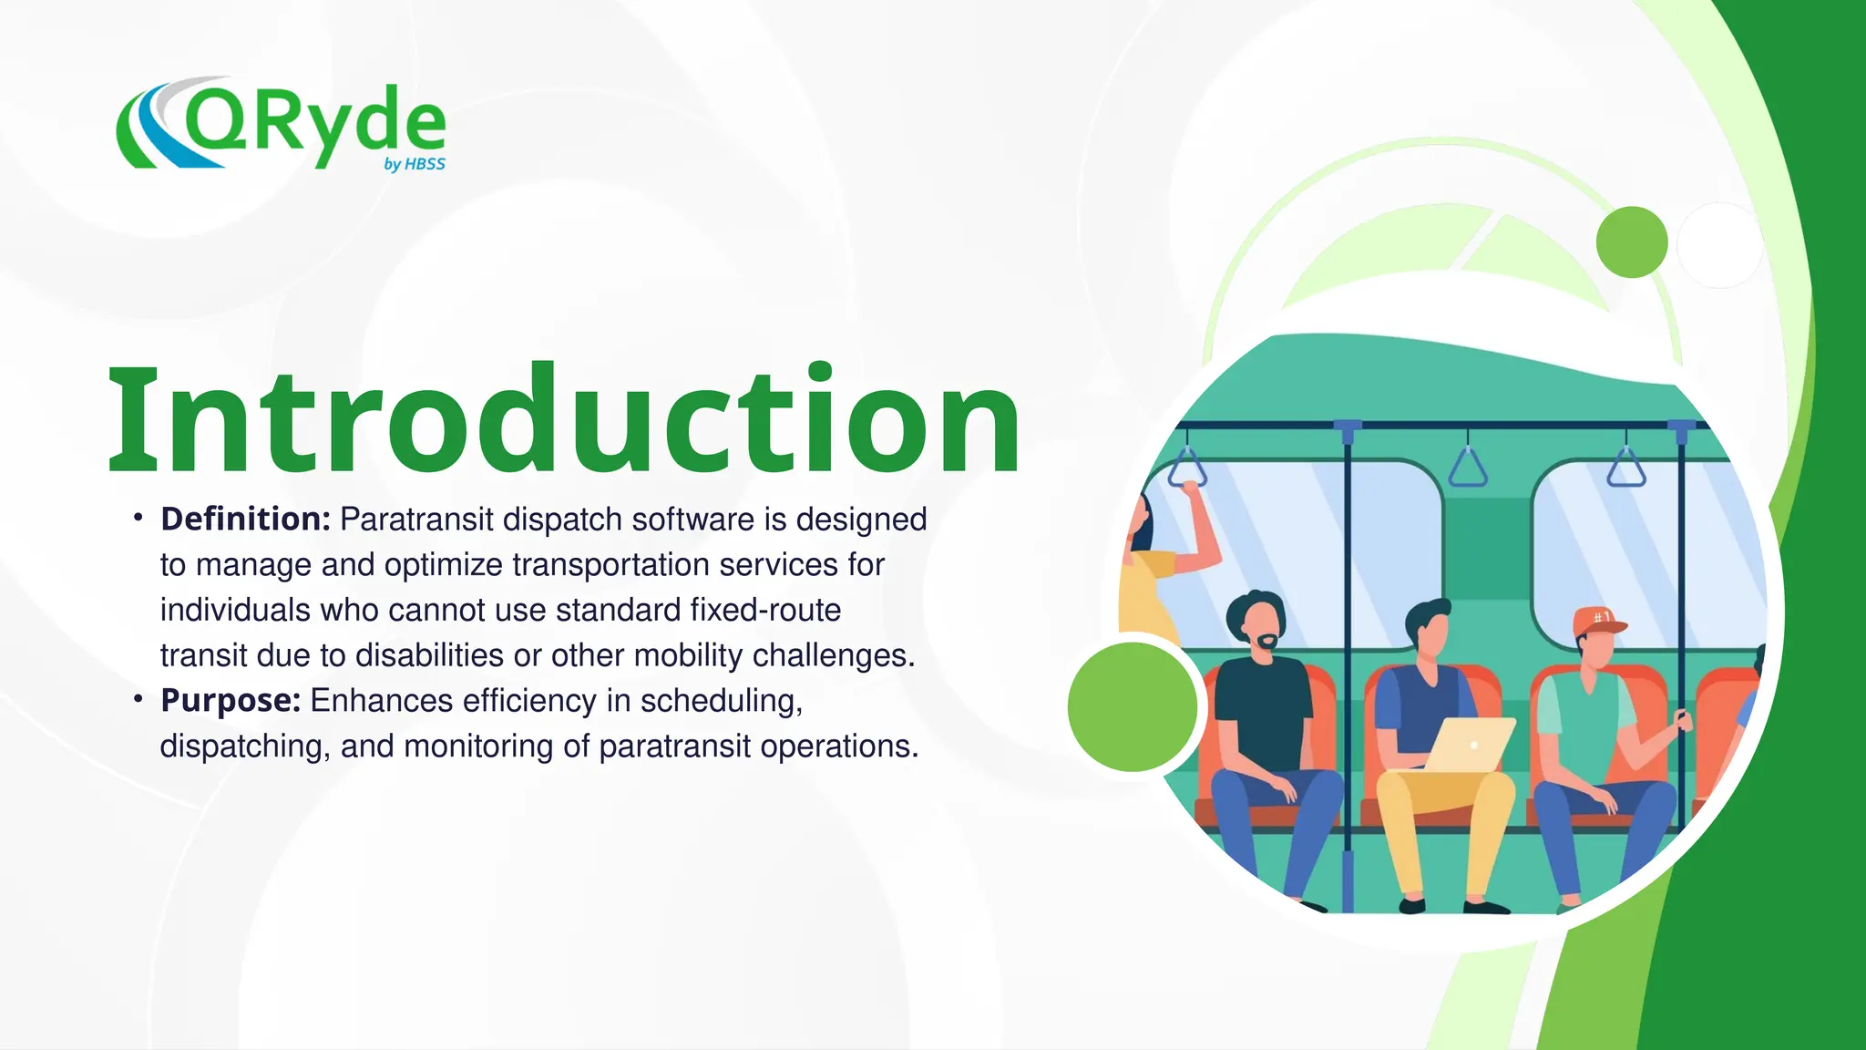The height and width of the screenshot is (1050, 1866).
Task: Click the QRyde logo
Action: pos(281,125)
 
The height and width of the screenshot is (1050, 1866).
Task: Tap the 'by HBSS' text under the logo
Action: pos(415,164)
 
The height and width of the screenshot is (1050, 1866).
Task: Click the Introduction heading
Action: pos(564,419)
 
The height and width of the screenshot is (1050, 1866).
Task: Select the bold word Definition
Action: pos(245,520)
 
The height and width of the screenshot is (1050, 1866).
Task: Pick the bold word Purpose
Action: pos(231,701)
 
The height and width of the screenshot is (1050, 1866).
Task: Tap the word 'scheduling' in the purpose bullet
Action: pos(721,701)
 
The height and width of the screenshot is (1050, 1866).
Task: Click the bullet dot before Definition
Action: pos(138,518)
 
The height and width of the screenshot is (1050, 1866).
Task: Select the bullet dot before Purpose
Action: pos(138,699)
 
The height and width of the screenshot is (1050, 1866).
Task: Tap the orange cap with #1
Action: pos(1597,621)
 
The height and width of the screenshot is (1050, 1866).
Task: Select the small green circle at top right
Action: pos(1632,242)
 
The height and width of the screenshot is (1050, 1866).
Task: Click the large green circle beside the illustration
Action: pos(1133,706)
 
